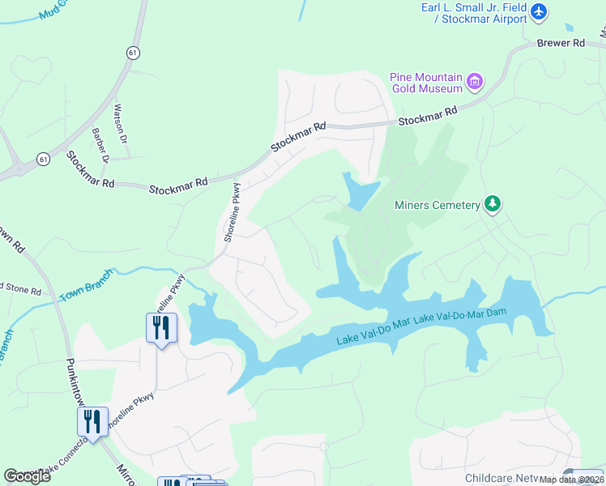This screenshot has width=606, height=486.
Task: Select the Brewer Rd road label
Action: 561,43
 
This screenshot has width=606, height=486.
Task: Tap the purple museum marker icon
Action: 475,81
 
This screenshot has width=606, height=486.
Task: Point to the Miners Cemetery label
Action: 437,205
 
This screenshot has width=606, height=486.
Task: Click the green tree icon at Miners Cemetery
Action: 492,204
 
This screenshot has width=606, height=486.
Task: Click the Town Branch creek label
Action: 87,285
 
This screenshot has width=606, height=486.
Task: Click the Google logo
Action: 27,475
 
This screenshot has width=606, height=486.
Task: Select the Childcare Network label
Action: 510,479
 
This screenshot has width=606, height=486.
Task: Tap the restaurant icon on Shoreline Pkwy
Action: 161,327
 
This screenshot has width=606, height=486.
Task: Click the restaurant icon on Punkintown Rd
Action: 92,421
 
